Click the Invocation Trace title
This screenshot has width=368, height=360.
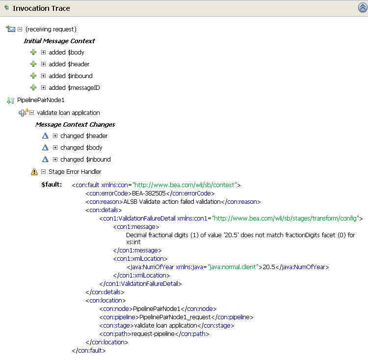[x=41, y=8]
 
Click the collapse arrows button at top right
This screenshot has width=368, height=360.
[x=363, y=7]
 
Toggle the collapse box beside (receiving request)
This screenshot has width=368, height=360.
[x=20, y=29]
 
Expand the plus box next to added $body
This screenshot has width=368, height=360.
[x=43, y=52]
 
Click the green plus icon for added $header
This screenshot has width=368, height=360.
[x=33, y=64]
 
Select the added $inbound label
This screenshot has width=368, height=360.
[x=71, y=76]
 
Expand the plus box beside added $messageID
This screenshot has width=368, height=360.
[x=43, y=87]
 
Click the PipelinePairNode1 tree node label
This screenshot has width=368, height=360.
[x=41, y=100]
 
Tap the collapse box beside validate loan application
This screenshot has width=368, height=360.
[x=32, y=113]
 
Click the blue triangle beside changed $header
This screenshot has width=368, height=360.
[x=45, y=136]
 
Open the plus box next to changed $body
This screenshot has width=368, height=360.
[x=55, y=147]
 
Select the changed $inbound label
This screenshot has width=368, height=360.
[x=85, y=159]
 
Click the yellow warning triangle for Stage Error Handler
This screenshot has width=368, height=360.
[x=34, y=172]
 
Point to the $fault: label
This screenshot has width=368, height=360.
[x=52, y=185]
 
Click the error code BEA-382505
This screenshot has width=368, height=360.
[x=149, y=194]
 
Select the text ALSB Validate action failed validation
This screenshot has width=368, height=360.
[x=172, y=202]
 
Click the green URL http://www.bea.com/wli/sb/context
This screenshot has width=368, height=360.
[x=184, y=185]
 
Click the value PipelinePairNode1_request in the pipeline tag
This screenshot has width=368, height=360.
[x=175, y=317]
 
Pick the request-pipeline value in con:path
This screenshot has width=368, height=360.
[x=153, y=334]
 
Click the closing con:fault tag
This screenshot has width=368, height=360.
[x=89, y=351]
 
